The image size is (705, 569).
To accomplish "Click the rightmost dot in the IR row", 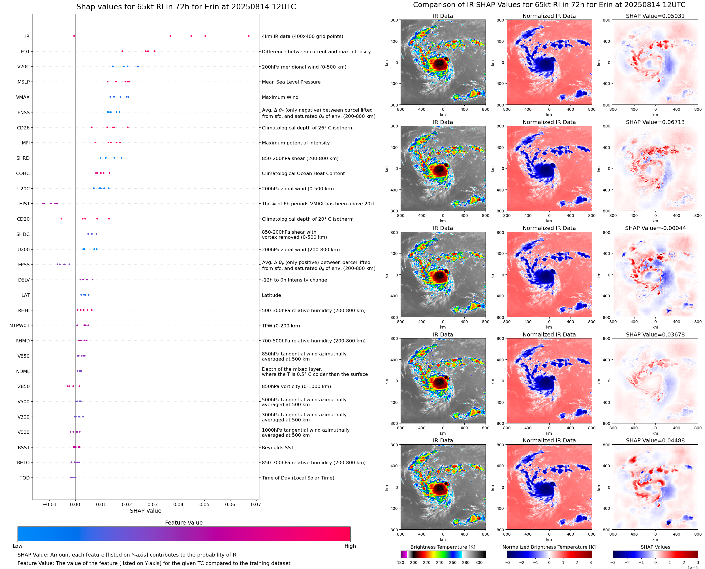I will [249, 36].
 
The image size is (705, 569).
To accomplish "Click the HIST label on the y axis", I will [24, 204].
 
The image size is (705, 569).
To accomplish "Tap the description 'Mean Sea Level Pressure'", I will [291, 82].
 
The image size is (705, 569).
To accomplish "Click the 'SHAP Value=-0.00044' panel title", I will [655, 228].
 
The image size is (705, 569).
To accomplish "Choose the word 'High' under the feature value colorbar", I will [350, 546].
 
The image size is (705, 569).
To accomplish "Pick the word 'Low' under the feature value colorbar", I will [17, 546].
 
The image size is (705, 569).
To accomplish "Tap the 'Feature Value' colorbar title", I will [184, 523].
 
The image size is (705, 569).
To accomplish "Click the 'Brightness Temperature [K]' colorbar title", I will [443, 547].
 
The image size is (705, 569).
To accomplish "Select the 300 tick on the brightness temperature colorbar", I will [479, 562].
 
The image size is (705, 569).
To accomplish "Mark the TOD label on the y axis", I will [25, 478].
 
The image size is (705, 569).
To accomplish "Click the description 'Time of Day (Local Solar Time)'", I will [298, 478].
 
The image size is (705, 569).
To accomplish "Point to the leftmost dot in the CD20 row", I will [61, 219].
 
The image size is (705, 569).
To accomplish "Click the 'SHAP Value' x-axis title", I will [146, 511].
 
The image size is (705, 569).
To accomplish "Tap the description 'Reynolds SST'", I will [277, 448].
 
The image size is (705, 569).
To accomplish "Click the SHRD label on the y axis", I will [23, 158].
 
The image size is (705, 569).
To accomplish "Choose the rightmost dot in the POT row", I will [155, 51].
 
